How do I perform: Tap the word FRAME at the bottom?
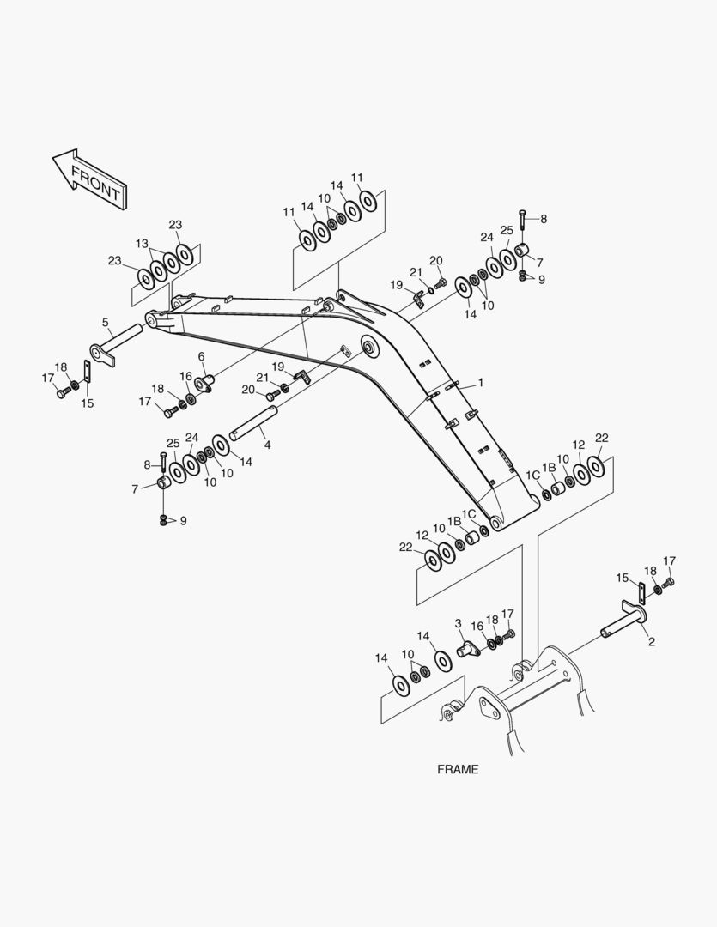click(x=458, y=769)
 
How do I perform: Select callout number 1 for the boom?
click(x=481, y=383)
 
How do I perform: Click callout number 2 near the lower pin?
click(x=652, y=641)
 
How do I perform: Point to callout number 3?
click(x=459, y=623)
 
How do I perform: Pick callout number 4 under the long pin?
click(x=267, y=445)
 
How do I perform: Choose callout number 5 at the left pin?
click(x=106, y=323)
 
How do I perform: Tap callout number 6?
click(x=201, y=356)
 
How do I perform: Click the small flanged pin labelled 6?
click(x=205, y=383)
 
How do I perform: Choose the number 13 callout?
click(x=142, y=243)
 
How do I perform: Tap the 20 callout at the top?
click(x=435, y=261)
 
